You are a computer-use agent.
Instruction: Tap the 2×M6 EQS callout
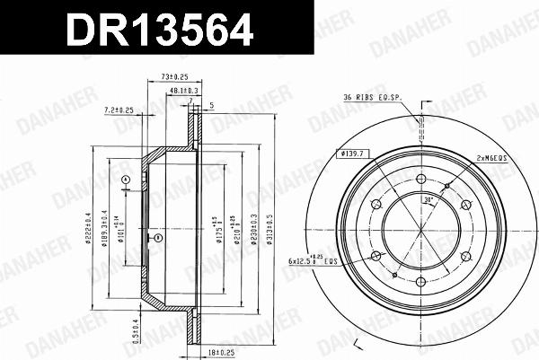click(x=493, y=157)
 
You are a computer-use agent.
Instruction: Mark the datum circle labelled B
click(x=157, y=238)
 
